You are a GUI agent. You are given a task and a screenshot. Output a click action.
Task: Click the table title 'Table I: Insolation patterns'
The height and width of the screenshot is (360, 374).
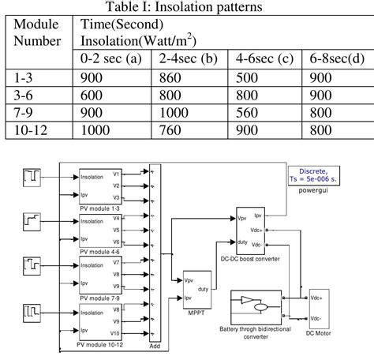pos(186,8)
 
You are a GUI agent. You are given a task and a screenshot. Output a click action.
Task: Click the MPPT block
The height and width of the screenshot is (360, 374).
pos(197,291)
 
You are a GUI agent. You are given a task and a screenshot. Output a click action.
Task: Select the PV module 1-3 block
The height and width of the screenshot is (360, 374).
pos(99,186)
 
